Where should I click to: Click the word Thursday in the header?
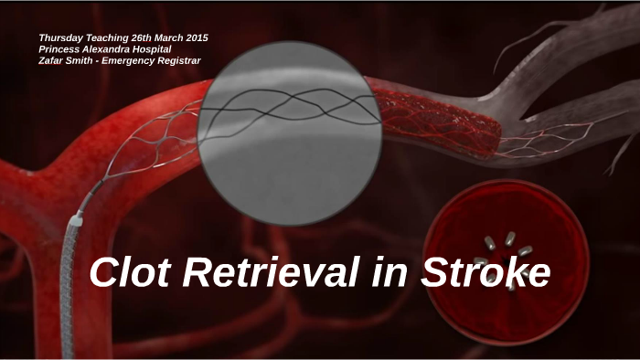(x=63, y=37)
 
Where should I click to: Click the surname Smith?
(x=90, y=61)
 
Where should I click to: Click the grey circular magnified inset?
(x=289, y=128)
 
